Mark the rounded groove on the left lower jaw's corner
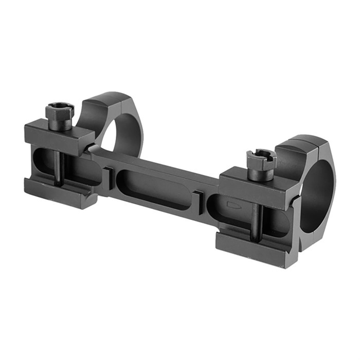click(x=92, y=196)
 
